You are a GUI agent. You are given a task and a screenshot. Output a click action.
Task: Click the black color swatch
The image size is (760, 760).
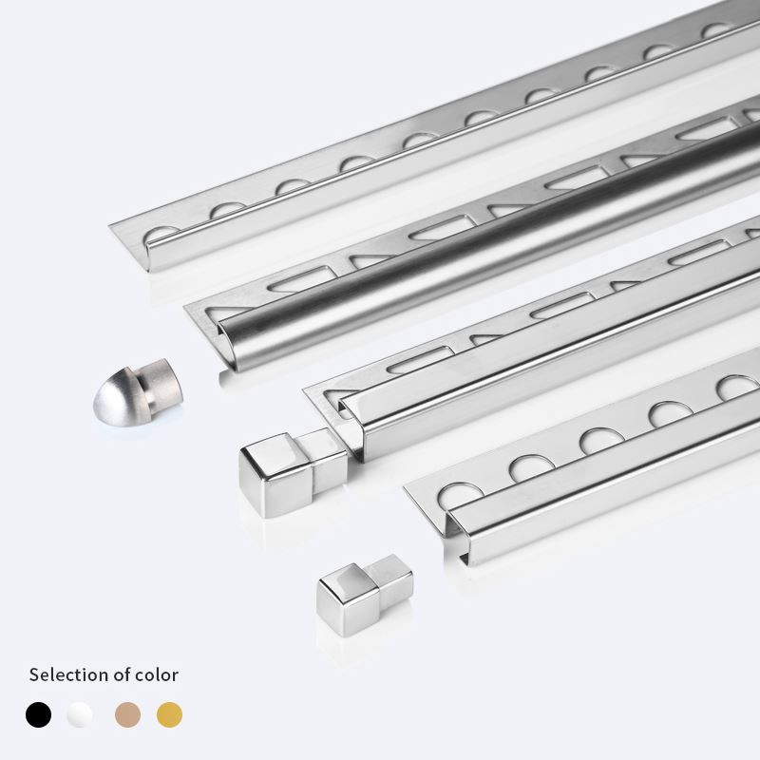pos(39,713)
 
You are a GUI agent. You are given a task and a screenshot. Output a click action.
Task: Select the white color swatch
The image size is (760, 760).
pos(80,713)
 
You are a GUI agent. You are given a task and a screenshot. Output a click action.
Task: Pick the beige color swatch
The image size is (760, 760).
pos(126,713)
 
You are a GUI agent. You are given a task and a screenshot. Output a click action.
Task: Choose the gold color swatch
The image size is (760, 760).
pos(169,713)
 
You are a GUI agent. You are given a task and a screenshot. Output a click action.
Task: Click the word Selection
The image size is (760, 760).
pos(67,674)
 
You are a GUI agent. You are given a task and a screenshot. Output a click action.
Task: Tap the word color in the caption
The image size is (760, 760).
pos(156,674)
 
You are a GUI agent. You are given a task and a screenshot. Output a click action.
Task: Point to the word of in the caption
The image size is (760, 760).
pos(120,674)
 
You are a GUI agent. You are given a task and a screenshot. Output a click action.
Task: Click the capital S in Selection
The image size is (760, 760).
pos(34,674)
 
